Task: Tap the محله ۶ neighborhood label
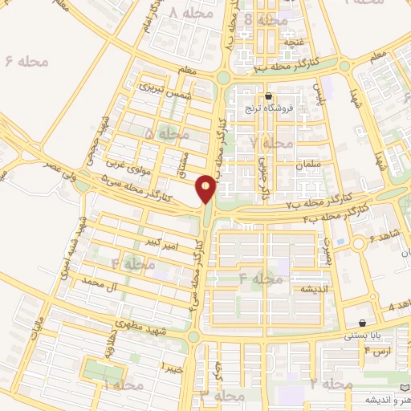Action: click(26, 61)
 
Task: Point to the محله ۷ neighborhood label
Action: click(271, 142)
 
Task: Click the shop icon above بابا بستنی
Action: click(362, 322)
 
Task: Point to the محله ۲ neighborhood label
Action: click(331, 385)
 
